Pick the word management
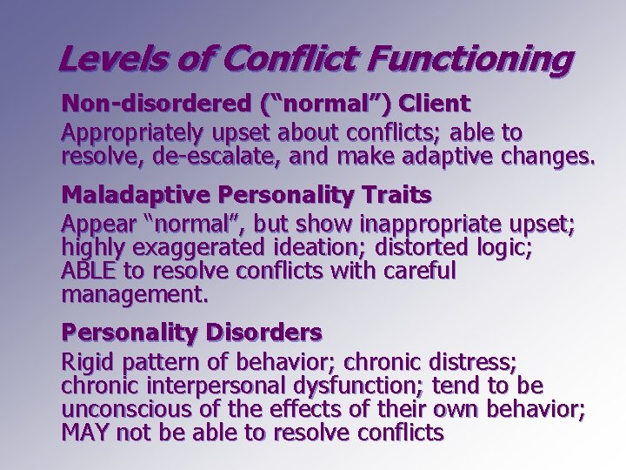[134, 295]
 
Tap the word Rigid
[88, 361]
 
